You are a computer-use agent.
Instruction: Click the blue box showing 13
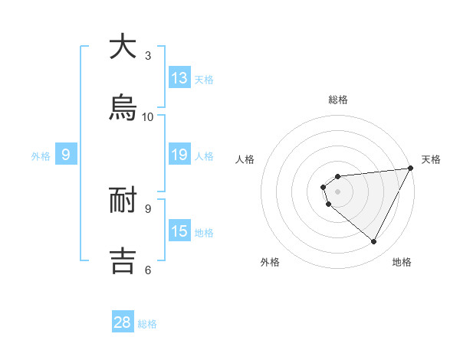point(179,77)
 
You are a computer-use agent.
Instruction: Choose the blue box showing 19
point(179,155)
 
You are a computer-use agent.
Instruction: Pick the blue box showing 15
point(179,231)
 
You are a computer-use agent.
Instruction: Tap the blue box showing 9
point(66,155)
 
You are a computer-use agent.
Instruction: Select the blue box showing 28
point(123,322)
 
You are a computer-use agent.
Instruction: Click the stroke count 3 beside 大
point(148,56)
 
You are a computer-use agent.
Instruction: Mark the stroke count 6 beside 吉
point(148,270)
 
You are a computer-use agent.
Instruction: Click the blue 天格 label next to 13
point(203,79)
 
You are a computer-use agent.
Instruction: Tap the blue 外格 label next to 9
point(41,155)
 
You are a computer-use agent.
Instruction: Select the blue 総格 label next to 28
point(147,324)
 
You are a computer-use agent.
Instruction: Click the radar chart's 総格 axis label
point(337,100)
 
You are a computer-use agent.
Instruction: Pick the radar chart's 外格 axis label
point(270,262)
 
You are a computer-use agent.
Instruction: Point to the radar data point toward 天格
point(411,169)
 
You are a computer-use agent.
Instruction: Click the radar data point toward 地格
point(374,242)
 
